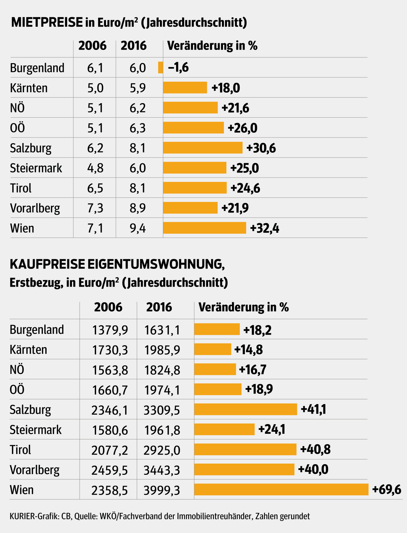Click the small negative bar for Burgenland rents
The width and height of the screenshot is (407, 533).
click(161, 67)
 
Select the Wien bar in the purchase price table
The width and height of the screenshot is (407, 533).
click(281, 489)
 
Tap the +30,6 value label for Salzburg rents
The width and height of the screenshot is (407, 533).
click(261, 148)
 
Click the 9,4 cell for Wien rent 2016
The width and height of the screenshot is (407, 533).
click(138, 228)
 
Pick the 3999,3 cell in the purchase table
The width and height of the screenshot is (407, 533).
click(162, 490)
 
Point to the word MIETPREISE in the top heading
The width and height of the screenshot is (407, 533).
click(47, 22)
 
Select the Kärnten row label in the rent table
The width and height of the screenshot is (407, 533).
click(29, 88)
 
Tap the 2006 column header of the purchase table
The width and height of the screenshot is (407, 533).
click(108, 307)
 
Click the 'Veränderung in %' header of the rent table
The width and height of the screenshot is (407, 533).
click(212, 46)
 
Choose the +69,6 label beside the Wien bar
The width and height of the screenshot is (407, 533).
click(386, 489)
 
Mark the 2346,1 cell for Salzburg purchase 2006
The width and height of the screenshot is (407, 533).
click(110, 410)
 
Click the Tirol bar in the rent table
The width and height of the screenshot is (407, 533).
click(195, 188)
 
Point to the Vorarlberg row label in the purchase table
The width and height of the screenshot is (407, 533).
click(35, 470)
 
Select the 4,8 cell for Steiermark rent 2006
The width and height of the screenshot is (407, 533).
click(95, 168)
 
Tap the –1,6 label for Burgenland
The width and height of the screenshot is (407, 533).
click(178, 67)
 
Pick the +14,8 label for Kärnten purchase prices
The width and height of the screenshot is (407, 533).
click(248, 349)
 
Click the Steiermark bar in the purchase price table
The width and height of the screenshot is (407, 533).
click(224, 430)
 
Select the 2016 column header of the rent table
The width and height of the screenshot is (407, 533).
click(133, 46)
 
